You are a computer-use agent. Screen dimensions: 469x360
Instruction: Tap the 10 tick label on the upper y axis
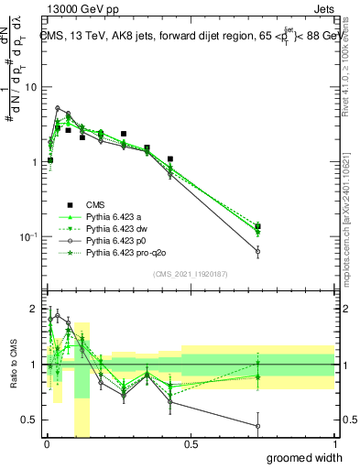pos(30,87)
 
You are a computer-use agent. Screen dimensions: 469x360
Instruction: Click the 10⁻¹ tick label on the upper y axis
pos(27,237)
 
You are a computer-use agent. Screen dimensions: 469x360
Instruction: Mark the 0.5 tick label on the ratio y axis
pos(30,420)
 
